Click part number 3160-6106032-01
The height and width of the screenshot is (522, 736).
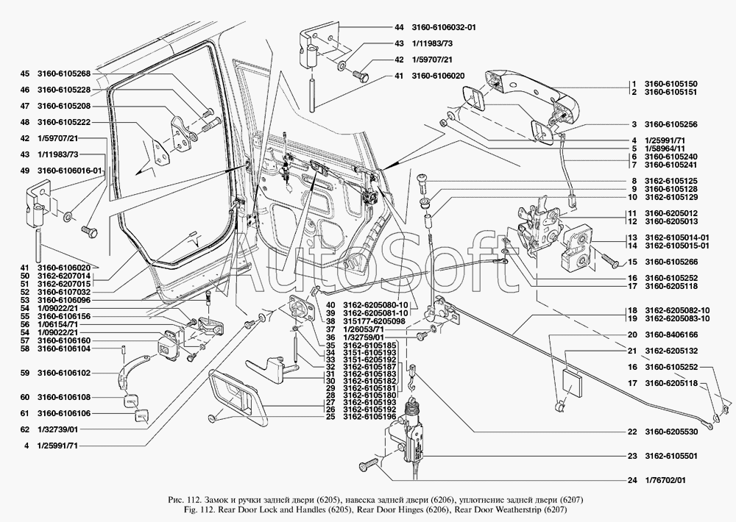point(447,27)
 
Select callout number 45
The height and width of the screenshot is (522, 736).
point(24,74)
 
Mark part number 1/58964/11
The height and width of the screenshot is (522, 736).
point(667,149)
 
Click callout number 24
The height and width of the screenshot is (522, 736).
point(631,481)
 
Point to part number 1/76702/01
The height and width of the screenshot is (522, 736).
point(667,481)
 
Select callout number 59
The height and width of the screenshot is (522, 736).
point(24,373)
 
